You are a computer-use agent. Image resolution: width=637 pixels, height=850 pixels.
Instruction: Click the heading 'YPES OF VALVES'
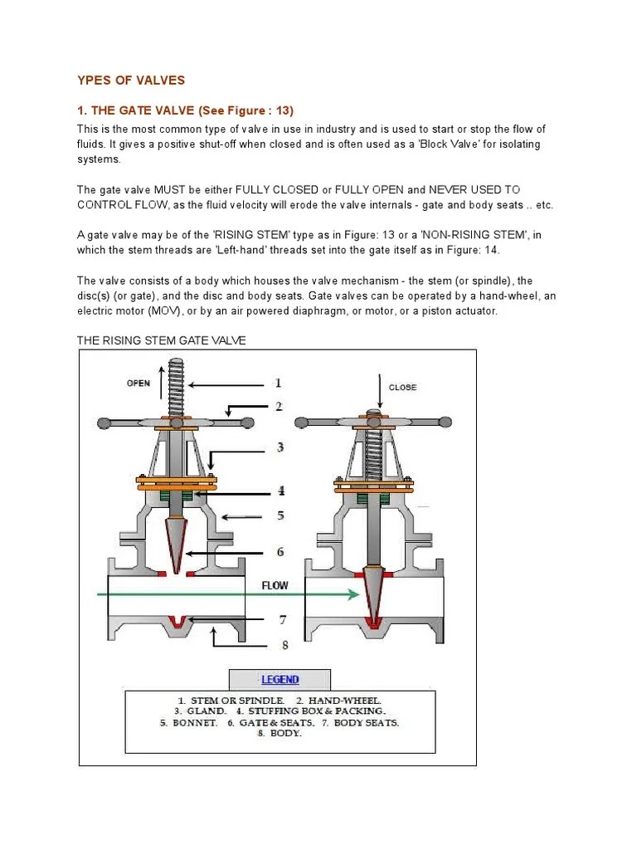[131, 81]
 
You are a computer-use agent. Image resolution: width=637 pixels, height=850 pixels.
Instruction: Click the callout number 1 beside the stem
[279, 383]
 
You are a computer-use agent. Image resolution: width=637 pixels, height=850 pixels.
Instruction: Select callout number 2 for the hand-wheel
[280, 407]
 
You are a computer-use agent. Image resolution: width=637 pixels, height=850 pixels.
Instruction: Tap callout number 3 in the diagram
[280, 447]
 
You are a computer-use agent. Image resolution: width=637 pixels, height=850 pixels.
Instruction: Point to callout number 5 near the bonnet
[280, 515]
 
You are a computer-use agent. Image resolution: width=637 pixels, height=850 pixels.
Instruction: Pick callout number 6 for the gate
[280, 552]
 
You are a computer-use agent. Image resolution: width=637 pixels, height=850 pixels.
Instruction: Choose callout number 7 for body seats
[282, 619]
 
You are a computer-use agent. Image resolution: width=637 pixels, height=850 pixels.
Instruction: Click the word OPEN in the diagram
[139, 383]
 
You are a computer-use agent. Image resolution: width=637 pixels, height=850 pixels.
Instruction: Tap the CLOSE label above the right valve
[402, 387]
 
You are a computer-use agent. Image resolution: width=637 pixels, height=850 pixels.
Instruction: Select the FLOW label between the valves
[275, 585]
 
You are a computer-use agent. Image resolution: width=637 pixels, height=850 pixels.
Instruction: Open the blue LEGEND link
[280, 679]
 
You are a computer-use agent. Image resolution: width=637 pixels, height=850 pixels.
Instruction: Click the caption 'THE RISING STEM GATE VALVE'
[161, 340]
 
